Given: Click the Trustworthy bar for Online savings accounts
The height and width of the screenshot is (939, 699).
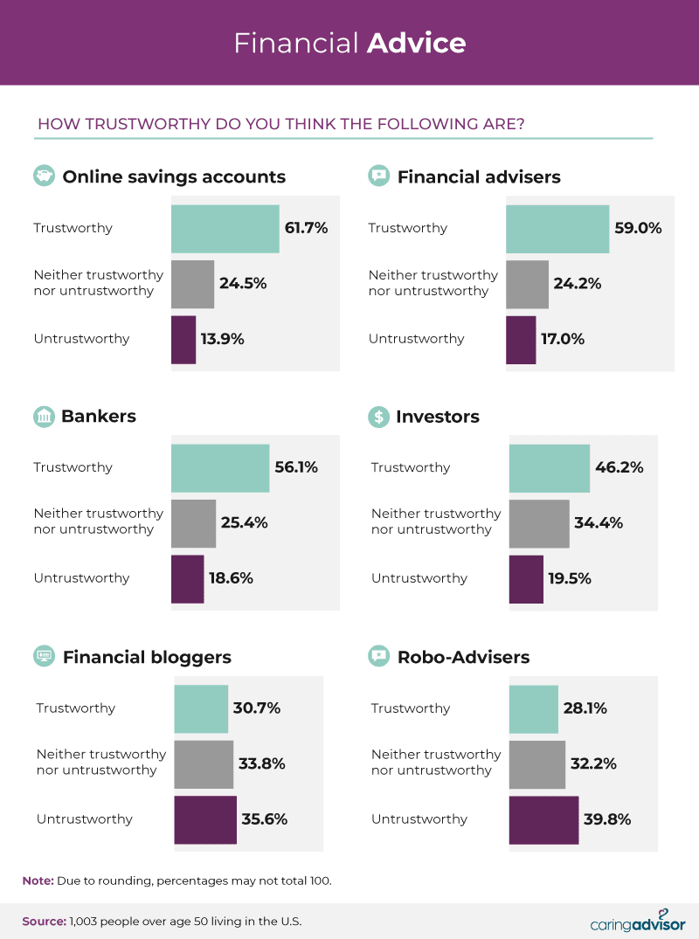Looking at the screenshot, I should click(x=225, y=229).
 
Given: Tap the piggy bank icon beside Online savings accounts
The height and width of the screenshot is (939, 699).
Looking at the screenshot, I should click(x=44, y=176).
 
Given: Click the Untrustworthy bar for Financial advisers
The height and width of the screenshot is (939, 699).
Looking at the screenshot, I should click(x=521, y=340).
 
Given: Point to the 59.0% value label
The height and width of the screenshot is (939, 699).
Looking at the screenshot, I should click(x=638, y=228).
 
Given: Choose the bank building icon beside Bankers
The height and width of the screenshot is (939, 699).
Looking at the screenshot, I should click(x=44, y=417).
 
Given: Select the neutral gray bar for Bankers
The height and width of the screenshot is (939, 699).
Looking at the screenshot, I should click(x=193, y=522).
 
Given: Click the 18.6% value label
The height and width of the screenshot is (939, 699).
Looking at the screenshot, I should click(x=231, y=578).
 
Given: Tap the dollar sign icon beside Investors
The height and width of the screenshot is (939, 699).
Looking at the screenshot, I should click(x=378, y=417).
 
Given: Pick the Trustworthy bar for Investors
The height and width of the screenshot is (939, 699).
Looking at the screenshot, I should click(x=550, y=468).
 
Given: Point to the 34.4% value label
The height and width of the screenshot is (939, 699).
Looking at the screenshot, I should click(x=599, y=523).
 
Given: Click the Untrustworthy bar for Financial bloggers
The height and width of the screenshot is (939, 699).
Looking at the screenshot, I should click(x=205, y=819).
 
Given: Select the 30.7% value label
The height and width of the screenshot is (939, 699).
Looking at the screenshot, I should click(x=256, y=708).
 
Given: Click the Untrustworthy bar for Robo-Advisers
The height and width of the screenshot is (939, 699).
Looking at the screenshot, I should click(x=543, y=819).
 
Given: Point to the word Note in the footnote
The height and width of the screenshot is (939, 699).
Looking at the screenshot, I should click(x=38, y=880).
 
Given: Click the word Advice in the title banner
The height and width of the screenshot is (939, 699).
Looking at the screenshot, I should click(x=416, y=43).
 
